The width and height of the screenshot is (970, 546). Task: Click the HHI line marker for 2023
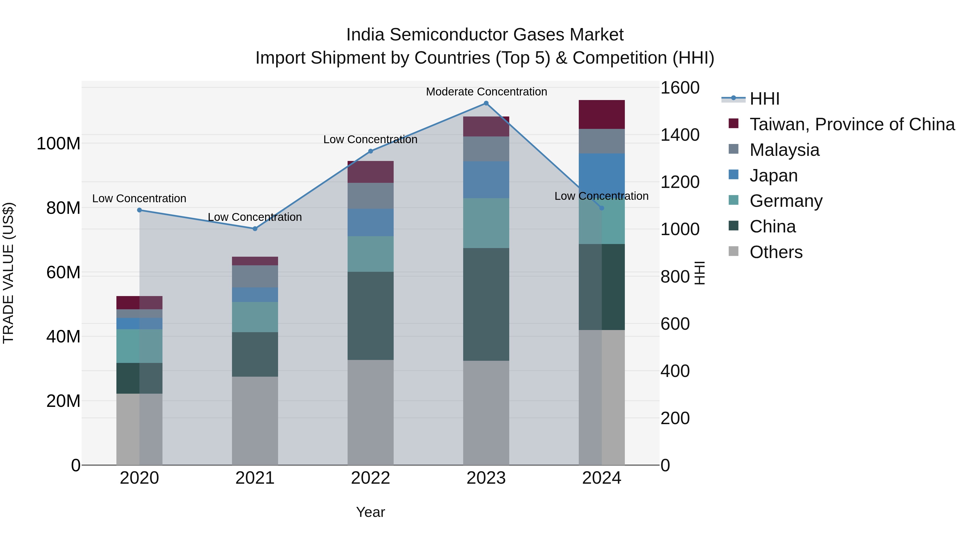click(486, 103)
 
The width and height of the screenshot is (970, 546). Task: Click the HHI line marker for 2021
click(255, 229)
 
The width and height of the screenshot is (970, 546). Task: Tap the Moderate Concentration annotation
click(486, 92)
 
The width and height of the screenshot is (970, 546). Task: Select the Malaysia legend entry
click(784, 150)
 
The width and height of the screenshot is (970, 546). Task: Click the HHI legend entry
click(764, 99)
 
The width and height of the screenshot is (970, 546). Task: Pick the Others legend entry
click(776, 252)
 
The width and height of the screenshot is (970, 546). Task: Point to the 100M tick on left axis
click(58, 143)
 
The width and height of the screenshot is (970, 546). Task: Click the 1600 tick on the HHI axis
click(680, 88)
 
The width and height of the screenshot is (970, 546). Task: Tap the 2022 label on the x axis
click(370, 478)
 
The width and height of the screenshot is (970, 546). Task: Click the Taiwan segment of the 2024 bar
click(601, 115)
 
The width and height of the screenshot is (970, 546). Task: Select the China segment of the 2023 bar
click(486, 304)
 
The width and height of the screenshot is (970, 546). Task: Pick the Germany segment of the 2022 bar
click(370, 254)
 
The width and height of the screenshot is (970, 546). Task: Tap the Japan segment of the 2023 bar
click(486, 180)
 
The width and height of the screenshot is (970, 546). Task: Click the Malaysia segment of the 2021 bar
click(255, 276)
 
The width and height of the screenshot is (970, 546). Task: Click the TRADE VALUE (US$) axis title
click(8, 273)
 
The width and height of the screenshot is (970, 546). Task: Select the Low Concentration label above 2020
click(139, 198)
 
